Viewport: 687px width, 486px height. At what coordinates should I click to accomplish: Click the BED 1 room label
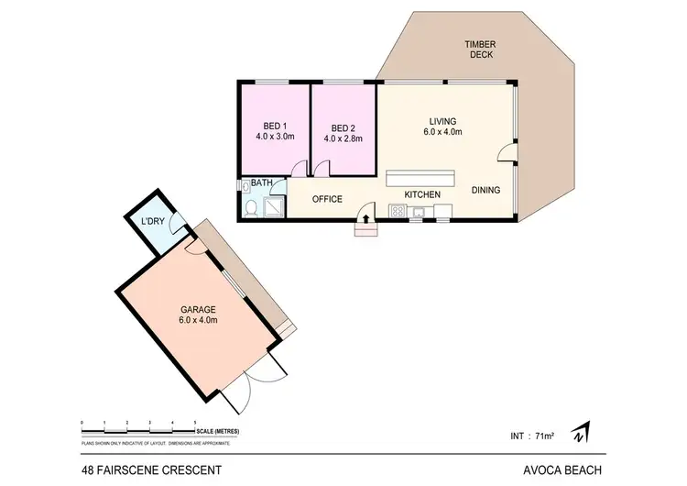tap(275, 126)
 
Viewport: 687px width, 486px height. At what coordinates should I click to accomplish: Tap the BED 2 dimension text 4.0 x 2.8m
tap(343, 139)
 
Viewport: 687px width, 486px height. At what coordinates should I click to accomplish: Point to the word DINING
tap(485, 191)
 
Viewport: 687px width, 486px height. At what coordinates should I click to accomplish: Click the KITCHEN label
tap(422, 194)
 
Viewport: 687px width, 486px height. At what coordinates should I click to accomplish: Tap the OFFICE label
tap(327, 199)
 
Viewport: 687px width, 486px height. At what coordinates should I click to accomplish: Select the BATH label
tap(262, 183)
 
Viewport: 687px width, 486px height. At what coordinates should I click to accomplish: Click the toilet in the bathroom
tap(251, 208)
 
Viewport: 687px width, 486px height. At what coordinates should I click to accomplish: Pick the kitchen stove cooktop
tap(398, 214)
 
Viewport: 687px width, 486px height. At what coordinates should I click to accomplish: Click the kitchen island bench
tap(420, 178)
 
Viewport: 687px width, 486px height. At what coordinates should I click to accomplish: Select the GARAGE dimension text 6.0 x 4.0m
tap(198, 321)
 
